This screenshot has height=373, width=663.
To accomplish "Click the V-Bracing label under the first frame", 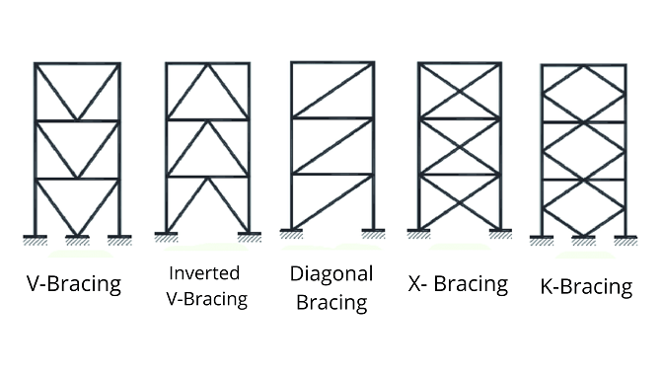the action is pos(74,284).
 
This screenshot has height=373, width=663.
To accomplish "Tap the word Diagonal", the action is pos(331,273).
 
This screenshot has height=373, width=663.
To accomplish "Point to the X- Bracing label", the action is pos(457,284).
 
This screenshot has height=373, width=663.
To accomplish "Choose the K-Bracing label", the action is pos(586,287).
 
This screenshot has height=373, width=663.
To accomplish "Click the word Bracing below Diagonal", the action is pos(331,300).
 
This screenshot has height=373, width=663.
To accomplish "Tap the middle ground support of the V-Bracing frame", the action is pos(77,239).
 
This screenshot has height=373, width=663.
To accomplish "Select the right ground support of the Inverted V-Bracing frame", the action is pos(249,237).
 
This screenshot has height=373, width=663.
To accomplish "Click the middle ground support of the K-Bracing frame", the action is pos(583,239).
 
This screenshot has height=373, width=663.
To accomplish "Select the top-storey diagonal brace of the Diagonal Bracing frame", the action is pos(331,91).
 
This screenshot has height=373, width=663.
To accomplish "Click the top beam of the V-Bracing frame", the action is pos(77,64).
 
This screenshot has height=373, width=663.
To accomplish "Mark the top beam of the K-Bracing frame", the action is pos(583,67).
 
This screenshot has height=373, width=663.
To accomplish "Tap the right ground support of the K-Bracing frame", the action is pos(625,239).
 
